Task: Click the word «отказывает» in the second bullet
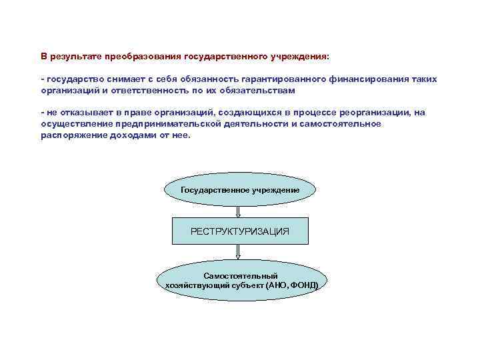tap(82, 112)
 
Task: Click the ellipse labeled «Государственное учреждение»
tap(240, 190)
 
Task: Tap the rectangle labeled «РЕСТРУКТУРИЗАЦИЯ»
tap(240, 231)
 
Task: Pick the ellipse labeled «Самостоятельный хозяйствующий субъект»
tap(240, 280)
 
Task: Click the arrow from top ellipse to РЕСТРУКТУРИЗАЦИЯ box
tap(239, 211)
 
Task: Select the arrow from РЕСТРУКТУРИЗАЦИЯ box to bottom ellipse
tap(239, 252)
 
